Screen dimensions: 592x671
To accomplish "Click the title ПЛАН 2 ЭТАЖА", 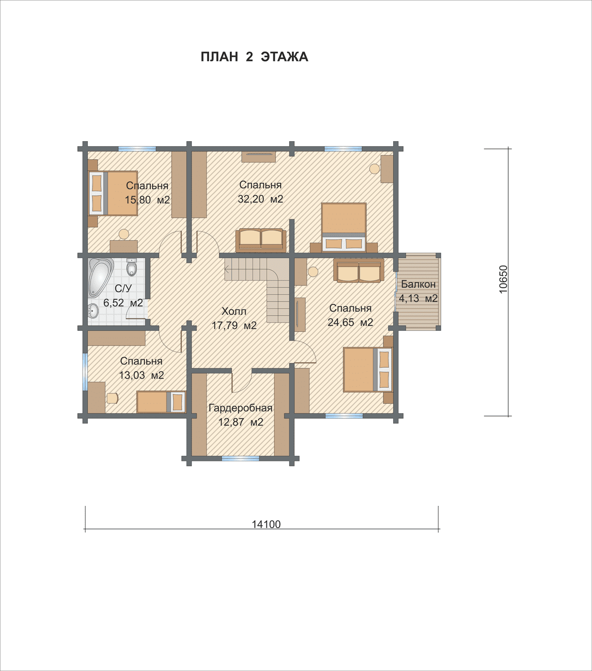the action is (254, 57).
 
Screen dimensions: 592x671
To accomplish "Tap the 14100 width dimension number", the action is (266, 524).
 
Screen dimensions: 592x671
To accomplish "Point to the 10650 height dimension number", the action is (503, 279).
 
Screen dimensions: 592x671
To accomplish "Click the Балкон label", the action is (418, 284).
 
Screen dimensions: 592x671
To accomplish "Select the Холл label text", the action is (234, 311).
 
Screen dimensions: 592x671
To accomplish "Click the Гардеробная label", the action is (240, 408).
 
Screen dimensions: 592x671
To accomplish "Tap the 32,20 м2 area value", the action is (260, 199).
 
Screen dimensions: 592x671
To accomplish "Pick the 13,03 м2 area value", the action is (142, 375).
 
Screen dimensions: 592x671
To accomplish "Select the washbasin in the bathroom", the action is (93, 311).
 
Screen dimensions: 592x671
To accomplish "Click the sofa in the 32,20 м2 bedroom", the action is (261, 239).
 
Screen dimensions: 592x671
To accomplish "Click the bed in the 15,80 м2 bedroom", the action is (113, 193).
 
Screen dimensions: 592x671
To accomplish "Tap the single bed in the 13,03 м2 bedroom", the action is (161, 402).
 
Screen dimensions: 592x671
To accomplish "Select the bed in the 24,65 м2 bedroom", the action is (368, 369).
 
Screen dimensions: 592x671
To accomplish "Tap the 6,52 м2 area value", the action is (123, 303).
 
